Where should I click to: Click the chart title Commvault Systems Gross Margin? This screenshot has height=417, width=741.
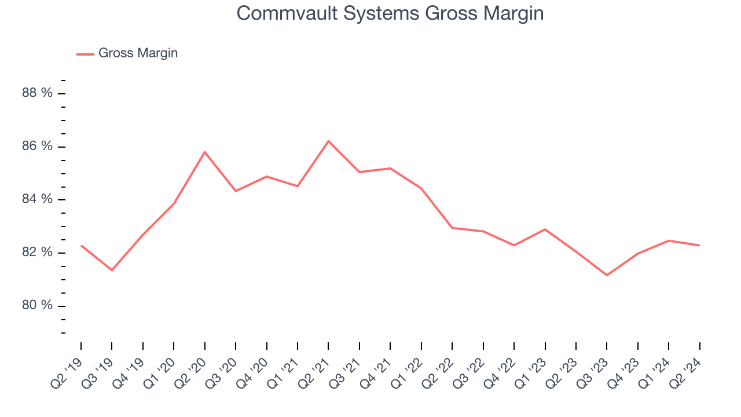click(390, 13)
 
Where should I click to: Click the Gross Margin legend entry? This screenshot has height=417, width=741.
click(138, 53)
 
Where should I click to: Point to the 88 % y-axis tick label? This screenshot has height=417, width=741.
click(37, 93)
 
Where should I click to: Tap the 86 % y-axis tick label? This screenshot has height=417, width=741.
click(37, 147)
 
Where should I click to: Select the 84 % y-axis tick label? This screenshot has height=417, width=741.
click(37, 199)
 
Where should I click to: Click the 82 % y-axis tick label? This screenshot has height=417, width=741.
click(37, 253)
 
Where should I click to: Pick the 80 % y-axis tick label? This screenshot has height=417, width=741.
click(37, 305)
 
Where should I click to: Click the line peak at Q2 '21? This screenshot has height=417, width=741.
click(328, 141)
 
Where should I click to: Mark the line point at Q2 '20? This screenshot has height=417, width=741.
click(204, 152)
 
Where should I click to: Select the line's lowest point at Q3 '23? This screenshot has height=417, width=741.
click(607, 275)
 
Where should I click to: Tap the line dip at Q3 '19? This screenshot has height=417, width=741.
click(112, 270)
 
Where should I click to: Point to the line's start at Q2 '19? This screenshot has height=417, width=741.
click(81, 246)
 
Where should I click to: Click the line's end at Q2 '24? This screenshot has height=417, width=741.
click(699, 246)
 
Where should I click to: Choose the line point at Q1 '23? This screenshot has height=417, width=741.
click(545, 229)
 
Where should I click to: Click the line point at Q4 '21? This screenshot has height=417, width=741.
click(390, 169)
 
